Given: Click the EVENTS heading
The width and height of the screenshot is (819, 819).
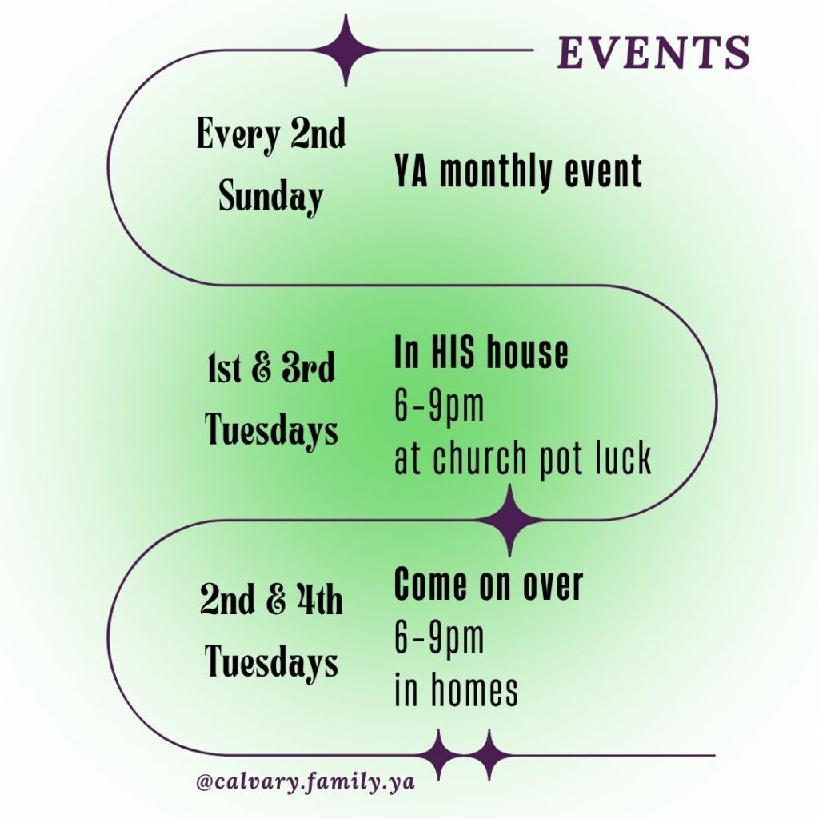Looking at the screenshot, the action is [653, 52].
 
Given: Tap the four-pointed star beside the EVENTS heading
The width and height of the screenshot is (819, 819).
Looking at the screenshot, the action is [346, 50].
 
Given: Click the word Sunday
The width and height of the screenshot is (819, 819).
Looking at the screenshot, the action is [270, 197].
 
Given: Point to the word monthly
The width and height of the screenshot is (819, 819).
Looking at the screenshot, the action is [496, 172].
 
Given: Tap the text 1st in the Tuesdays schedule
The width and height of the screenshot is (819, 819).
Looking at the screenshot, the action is [224, 368].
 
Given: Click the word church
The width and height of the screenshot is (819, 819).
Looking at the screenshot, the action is [481, 458].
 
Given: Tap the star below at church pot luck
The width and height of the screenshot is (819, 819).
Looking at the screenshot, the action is [509, 520].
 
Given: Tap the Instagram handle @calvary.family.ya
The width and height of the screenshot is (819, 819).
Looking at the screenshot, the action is [306, 782].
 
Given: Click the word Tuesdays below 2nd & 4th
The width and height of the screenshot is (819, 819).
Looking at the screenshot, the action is [271, 661].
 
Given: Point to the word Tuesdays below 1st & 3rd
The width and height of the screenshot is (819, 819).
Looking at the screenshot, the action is [271, 429].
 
